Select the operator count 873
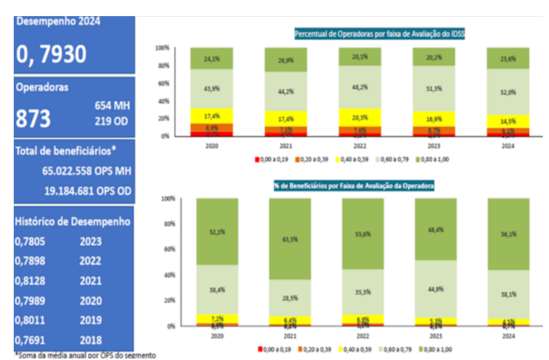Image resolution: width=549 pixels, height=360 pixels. coord(34,119)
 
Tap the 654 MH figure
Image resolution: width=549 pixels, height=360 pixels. coord(112,105)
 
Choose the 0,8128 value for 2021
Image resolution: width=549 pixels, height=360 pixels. coord(31,280)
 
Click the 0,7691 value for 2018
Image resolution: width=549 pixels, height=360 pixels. coord(31,340)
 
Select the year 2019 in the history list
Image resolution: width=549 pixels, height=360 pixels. coord(91,320)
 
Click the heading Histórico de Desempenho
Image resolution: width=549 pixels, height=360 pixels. coord(73,222)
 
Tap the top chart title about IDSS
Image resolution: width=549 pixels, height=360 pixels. coord(381,34)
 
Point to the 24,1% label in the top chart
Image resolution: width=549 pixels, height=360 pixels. coord(212,57)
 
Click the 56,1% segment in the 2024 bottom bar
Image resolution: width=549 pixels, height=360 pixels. coord(509,234)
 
